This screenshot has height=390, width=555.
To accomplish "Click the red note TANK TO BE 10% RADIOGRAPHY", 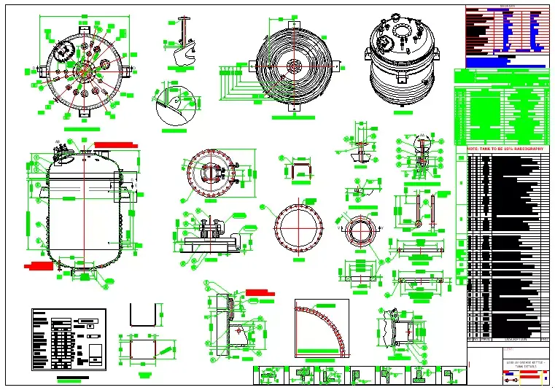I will tap(506, 148).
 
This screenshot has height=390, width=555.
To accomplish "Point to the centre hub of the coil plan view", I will tap(295, 66).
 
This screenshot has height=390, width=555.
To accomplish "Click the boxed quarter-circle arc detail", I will tap(322, 329).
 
